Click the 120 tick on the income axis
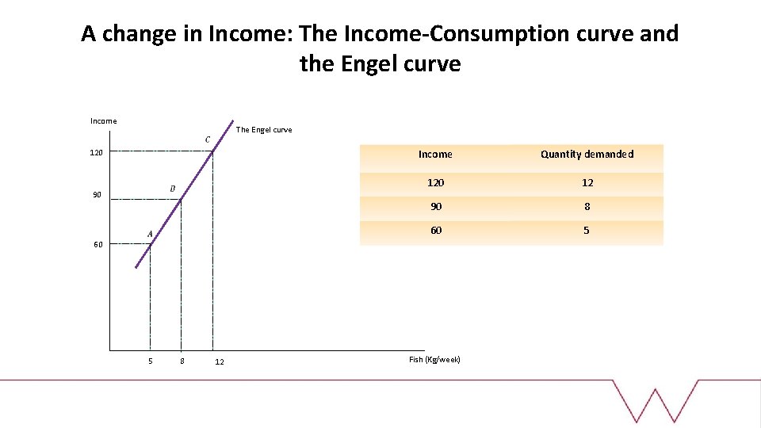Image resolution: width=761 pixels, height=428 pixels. [96, 151]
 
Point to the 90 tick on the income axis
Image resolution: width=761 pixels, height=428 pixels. [96, 195]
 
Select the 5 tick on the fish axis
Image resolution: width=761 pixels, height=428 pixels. [150, 361]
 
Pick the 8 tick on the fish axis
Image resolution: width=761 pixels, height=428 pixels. [182, 361]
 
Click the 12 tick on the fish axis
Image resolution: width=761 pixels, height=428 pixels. [220, 362]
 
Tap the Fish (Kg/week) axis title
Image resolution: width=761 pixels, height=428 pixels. [434, 360]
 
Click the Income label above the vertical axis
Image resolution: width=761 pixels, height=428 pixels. [103, 120]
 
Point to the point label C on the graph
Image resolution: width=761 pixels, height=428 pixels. [208, 140]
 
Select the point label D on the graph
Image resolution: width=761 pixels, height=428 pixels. [172, 189]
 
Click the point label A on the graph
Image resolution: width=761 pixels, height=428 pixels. [150, 234]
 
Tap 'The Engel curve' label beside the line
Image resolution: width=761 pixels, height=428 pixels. [264, 130]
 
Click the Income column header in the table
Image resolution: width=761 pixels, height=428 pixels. [435, 155]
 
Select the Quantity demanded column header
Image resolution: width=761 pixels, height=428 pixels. [587, 155]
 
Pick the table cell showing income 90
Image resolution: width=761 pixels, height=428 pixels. [435, 206]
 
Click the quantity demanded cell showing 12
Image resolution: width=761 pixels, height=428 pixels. [587, 182]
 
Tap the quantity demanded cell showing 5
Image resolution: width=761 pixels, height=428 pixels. [587, 231]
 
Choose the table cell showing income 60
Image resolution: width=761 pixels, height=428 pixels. [435, 231]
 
